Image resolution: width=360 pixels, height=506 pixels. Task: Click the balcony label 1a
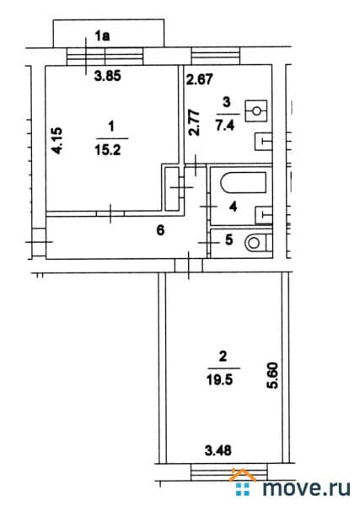102,35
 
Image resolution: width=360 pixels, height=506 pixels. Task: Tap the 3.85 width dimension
107,76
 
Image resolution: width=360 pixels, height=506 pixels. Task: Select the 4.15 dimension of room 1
57,140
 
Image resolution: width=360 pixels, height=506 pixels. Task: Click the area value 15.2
108,149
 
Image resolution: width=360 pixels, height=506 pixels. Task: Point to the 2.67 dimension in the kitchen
199,79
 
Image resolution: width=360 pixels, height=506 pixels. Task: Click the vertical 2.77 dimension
194,123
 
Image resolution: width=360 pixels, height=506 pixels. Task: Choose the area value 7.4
225,125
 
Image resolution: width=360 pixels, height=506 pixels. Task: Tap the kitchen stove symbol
256,111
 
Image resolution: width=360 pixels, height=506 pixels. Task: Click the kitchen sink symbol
263,142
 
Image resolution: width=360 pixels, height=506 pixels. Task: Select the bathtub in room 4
243,183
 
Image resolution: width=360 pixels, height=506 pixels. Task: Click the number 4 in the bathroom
234,207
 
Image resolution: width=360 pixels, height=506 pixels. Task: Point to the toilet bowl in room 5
258,243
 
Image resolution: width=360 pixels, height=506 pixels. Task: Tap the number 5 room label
229,240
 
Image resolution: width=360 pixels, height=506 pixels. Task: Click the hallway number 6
160,230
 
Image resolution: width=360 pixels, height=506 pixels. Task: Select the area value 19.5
219,379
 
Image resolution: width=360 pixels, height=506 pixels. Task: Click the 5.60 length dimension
273,376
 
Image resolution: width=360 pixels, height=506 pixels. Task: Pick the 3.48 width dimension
218,450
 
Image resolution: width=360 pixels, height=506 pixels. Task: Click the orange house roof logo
242,474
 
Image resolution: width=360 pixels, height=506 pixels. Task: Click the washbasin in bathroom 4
263,215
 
